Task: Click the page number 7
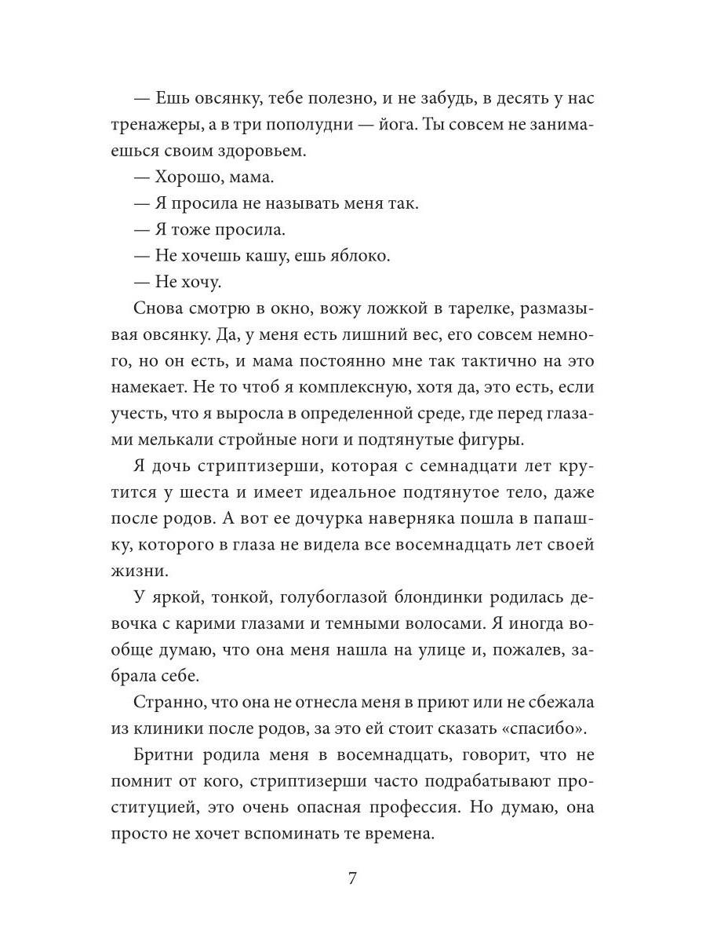(352, 878)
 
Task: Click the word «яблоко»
(364, 256)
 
